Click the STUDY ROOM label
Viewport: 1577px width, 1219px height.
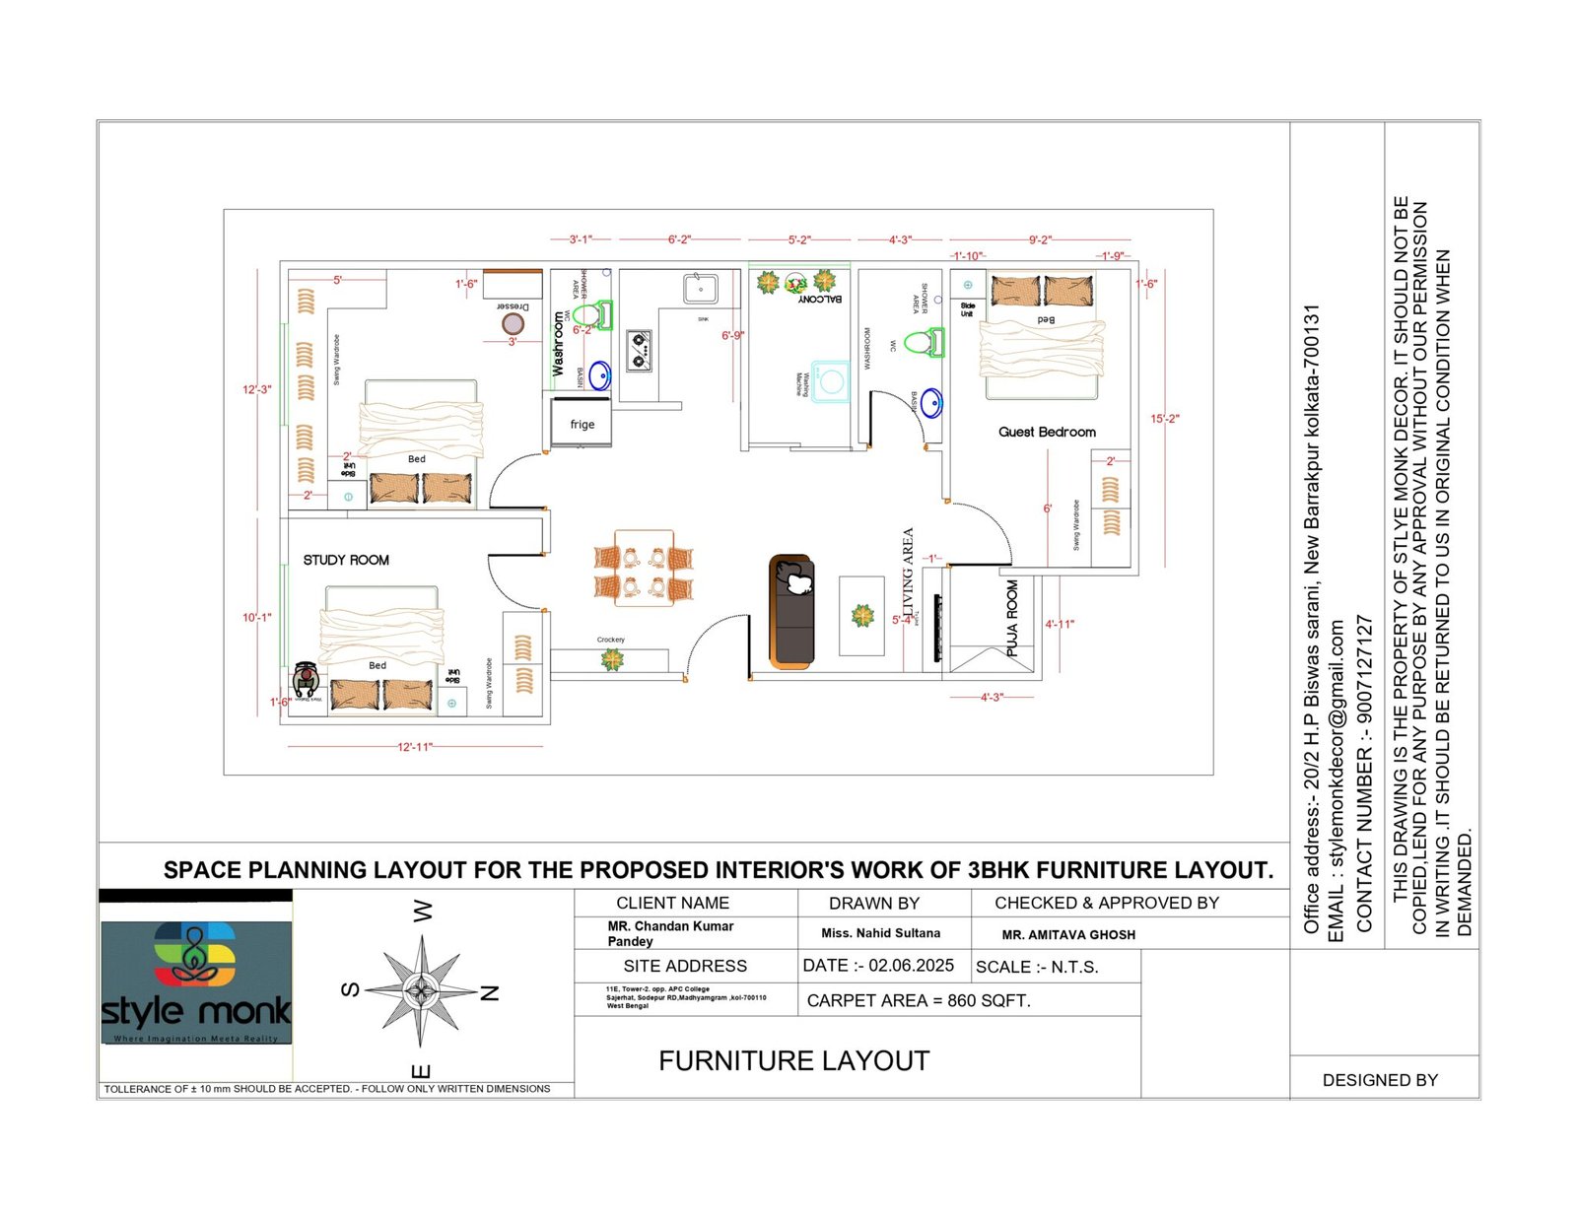tap(345, 560)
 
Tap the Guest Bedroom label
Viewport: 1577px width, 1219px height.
tap(1047, 432)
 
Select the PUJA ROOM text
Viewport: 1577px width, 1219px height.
tap(1012, 618)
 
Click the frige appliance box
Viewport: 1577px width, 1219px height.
tap(582, 423)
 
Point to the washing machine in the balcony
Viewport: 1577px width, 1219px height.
tap(830, 382)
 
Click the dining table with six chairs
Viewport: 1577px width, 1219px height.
tap(644, 566)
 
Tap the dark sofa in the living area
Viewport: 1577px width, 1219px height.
tap(791, 611)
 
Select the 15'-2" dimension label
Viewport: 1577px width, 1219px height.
tap(1164, 419)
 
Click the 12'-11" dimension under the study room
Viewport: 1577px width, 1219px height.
tap(415, 747)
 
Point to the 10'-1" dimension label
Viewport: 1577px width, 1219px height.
tap(256, 618)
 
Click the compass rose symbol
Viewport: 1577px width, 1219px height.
tap(421, 990)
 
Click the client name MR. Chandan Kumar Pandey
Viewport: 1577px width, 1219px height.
tap(670, 933)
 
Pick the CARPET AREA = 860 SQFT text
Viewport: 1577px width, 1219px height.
tap(918, 1000)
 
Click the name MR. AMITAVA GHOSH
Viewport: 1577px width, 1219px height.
tap(1068, 935)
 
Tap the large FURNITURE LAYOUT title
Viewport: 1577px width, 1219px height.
tap(793, 1061)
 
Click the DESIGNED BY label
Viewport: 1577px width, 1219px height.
tap(1379, 1080)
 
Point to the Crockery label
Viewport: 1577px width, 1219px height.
tap(610, 640)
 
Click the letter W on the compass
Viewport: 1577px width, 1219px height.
tap(422, 911)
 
